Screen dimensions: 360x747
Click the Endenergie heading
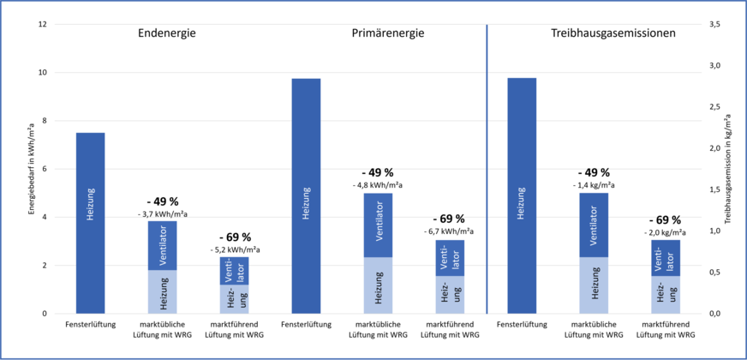(168, 34)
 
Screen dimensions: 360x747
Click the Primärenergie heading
(388, 34)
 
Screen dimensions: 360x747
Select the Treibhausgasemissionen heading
(613, 34)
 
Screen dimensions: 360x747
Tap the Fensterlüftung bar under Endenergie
(91, 223)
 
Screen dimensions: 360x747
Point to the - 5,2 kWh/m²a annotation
(235, 249)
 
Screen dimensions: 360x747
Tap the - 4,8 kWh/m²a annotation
(378, 184)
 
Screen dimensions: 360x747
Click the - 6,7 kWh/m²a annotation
(450, 231)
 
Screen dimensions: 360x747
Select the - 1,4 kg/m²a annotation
(594, 184)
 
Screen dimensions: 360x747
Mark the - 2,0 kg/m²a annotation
(666, 231)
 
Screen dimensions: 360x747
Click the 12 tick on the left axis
(42, 24)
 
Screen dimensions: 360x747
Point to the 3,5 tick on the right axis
(713, 24)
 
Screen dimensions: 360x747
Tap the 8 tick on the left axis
(44, 121)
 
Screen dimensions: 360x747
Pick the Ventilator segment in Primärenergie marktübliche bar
(378, 225)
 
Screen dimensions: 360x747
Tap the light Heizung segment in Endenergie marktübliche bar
(163, 291)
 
